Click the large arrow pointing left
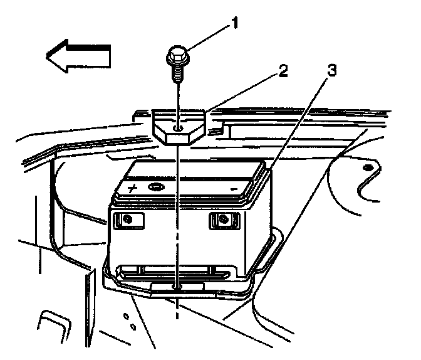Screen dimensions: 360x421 tap(78, 55)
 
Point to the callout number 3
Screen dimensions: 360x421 tap(331, 70)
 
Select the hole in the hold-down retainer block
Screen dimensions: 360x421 tap(179, 128)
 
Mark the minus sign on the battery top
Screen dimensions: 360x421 tap(232, 188)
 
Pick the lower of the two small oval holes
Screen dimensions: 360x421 tap(133, 327)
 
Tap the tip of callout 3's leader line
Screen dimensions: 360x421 tap(269, 168)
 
